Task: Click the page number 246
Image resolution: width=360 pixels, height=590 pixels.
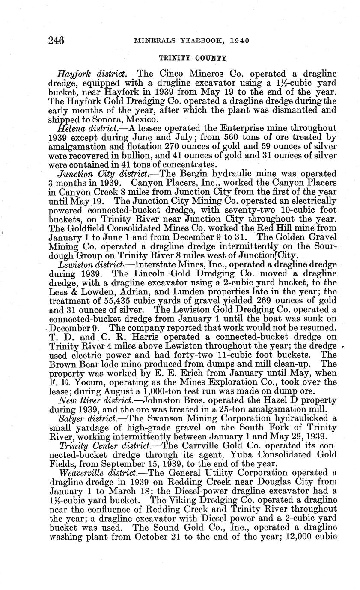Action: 56,41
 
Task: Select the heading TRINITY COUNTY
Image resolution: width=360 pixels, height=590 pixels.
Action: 193,58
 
